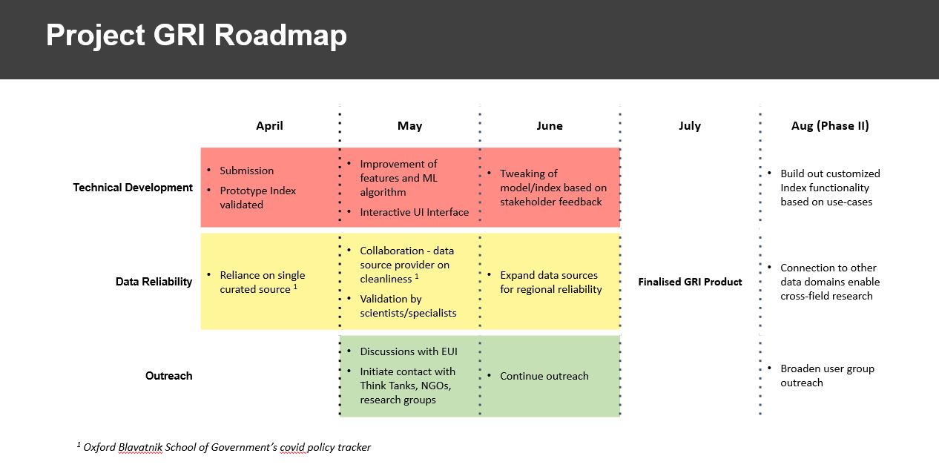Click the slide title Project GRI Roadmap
pyautogui.click(x=196, y=36)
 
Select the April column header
pyautogui.click(x=269, y=126)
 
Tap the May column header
pyautogui.click(x=409, y=126)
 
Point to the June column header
pyautogui.click(x=550, y=126)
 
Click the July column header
pyautogui.click(x=690, y=126)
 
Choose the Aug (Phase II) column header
pyautogui.click(x=830, y=126)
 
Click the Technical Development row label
pyautogui.click(x=133, y=188)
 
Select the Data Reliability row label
pyautogui.click(x=154, y=282)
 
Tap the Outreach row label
pyautogui.click(x=168, y=376)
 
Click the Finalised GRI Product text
pyautogui.click(x=690, y=282)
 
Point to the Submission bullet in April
pyautogui.click(x=246, y=171)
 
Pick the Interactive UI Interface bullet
pyautogui.click(x=414, y=212)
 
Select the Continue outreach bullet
pyautogui.click(x=544, y=376)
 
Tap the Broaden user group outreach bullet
pyautogui.click(x=826, y=375)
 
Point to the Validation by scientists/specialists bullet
pyautogui.click(x=408, y=305)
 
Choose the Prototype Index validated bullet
pyautogui.click(x=257, y=197)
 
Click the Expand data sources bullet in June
pyautogui.click(x=550, y=282)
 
